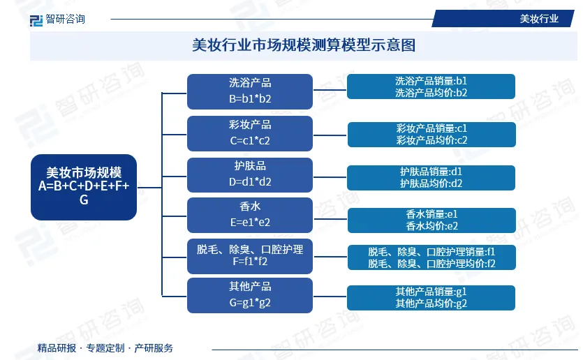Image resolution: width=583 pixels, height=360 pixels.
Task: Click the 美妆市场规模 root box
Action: tap(83, 186)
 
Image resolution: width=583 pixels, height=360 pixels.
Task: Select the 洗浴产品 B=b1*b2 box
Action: tap(249, 91)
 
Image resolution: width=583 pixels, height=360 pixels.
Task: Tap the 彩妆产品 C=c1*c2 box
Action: tap(249, 133)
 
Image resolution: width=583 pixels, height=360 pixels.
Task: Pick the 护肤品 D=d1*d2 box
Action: tap(249, 174)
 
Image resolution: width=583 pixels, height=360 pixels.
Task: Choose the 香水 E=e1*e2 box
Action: tap(249, 214)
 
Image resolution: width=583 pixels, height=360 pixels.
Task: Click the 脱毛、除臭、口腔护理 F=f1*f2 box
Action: tap(249, 255)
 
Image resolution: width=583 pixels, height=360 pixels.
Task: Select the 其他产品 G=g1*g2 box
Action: tap(249, 294)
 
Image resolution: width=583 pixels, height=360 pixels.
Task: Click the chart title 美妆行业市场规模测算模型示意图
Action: tap(304, 45)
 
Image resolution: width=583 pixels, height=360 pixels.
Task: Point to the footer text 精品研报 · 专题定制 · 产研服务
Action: tap(105, 347)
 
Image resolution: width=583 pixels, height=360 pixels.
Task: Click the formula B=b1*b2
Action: tap(249, 98)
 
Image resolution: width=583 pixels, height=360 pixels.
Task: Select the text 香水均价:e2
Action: tap(431, 225)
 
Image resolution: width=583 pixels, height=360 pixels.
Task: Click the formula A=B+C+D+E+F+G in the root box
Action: tap(83, 192)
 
